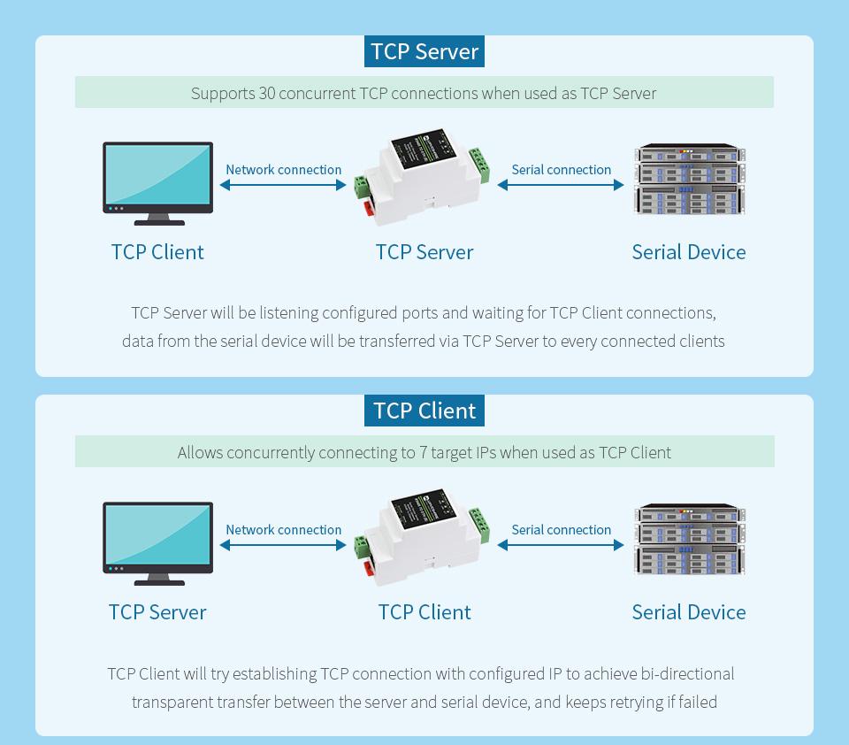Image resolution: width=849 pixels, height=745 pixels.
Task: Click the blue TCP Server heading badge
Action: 424,51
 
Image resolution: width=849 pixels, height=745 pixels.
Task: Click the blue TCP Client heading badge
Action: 424,411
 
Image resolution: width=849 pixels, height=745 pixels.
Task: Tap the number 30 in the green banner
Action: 266,93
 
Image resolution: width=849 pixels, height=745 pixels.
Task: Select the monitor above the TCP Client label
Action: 157,182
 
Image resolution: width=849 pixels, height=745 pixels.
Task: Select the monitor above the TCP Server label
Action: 157,542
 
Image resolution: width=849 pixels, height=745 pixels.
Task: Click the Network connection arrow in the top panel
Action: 283,185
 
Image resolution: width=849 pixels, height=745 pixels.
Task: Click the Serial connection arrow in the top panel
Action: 561,185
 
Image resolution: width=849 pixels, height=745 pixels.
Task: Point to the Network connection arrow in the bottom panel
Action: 283,545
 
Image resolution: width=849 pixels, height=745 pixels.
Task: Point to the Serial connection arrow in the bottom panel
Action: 561,545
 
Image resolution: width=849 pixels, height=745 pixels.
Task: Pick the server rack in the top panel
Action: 689,180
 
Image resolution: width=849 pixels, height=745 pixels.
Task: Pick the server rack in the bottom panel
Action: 689,540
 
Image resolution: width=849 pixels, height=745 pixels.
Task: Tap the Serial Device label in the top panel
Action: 689,252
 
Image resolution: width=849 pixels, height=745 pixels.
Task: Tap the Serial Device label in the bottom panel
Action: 689,612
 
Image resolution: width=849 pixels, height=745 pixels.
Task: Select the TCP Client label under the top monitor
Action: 157,252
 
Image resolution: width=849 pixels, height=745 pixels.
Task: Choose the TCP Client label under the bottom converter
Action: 424,612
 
